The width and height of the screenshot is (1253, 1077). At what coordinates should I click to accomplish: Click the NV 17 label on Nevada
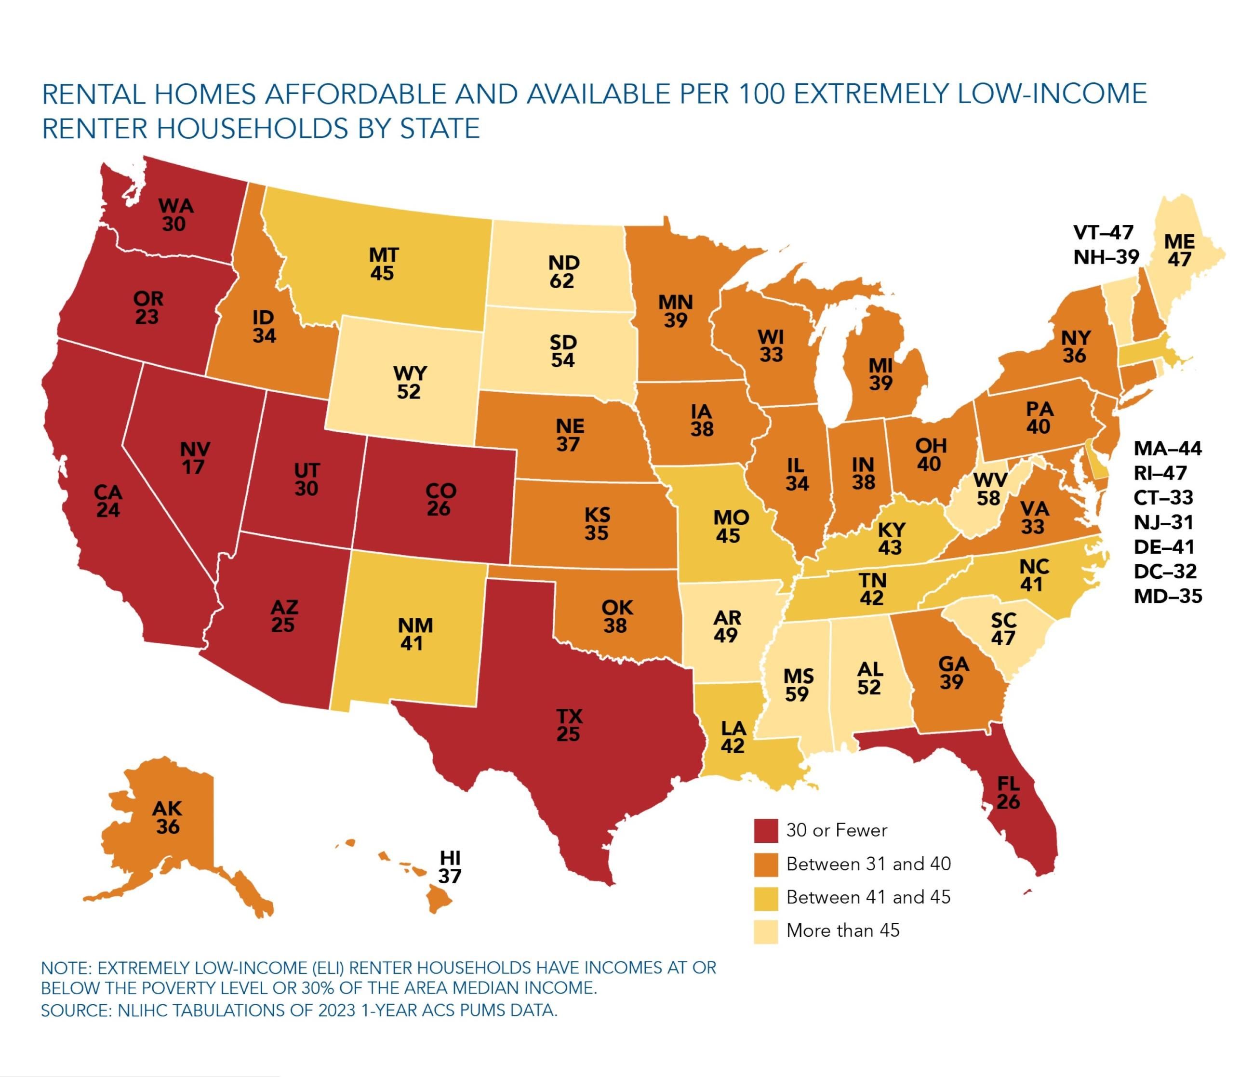click(194, 458)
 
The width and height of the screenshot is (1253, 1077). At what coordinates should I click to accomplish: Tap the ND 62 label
click(563, 271)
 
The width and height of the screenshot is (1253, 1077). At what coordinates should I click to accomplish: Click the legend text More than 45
click(842, 930)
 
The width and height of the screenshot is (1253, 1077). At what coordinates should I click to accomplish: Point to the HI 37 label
click(450, 866)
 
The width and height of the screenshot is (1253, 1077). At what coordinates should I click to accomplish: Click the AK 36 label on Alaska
click(168, 818)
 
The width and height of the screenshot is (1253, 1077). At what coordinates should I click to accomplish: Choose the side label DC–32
click(1165, 572)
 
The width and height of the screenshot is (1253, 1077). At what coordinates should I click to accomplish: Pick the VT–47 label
click(1103, 232)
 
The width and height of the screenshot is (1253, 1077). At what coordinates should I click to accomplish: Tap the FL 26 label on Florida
click(1008, 793)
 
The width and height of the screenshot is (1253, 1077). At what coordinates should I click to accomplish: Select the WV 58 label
click(990, 489)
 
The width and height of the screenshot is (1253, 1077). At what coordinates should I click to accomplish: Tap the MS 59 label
click(798, 685)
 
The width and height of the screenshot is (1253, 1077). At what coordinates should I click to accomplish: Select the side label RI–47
click(1160, 473)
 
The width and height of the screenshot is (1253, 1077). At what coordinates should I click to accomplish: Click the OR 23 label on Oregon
click(148, 307)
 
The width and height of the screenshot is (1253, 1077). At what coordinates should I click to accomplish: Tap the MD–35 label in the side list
click(1167, 596)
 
